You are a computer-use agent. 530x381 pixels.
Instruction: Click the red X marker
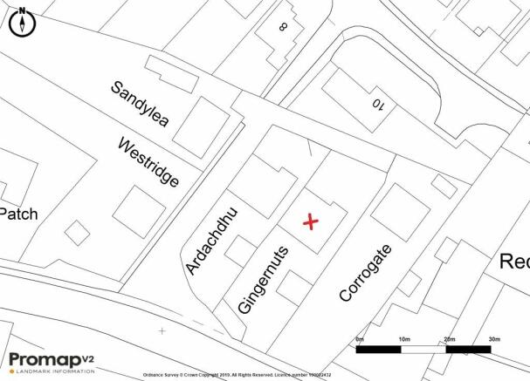click(x=310, y=222)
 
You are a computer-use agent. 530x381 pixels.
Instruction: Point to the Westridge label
click(x=148, y=163)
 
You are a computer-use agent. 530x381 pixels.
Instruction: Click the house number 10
click(x=379, y=106)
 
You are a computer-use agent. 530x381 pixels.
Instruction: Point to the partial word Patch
click(x=18, y=214)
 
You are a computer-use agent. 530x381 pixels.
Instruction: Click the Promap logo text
click(x=44, y=358)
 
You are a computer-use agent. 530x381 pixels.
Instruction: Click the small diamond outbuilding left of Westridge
click(x=77, y=233)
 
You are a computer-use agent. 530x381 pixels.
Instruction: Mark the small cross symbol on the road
click(x=162, y=330)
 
